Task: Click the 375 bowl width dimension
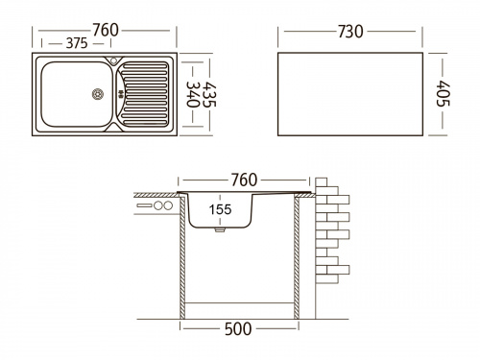[x=77, y=43]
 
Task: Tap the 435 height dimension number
[x=210, y=94]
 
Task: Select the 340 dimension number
[x=193, y=94]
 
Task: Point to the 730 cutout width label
[x=350, y=32]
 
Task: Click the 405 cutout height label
[x=444, y=93]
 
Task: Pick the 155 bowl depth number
[x=220, y=209]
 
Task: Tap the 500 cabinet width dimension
[x=238, y=329]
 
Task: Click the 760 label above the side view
[x=244, y=180]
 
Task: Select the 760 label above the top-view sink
[x=106, y=30]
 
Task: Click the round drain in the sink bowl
[x=98, y=94]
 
